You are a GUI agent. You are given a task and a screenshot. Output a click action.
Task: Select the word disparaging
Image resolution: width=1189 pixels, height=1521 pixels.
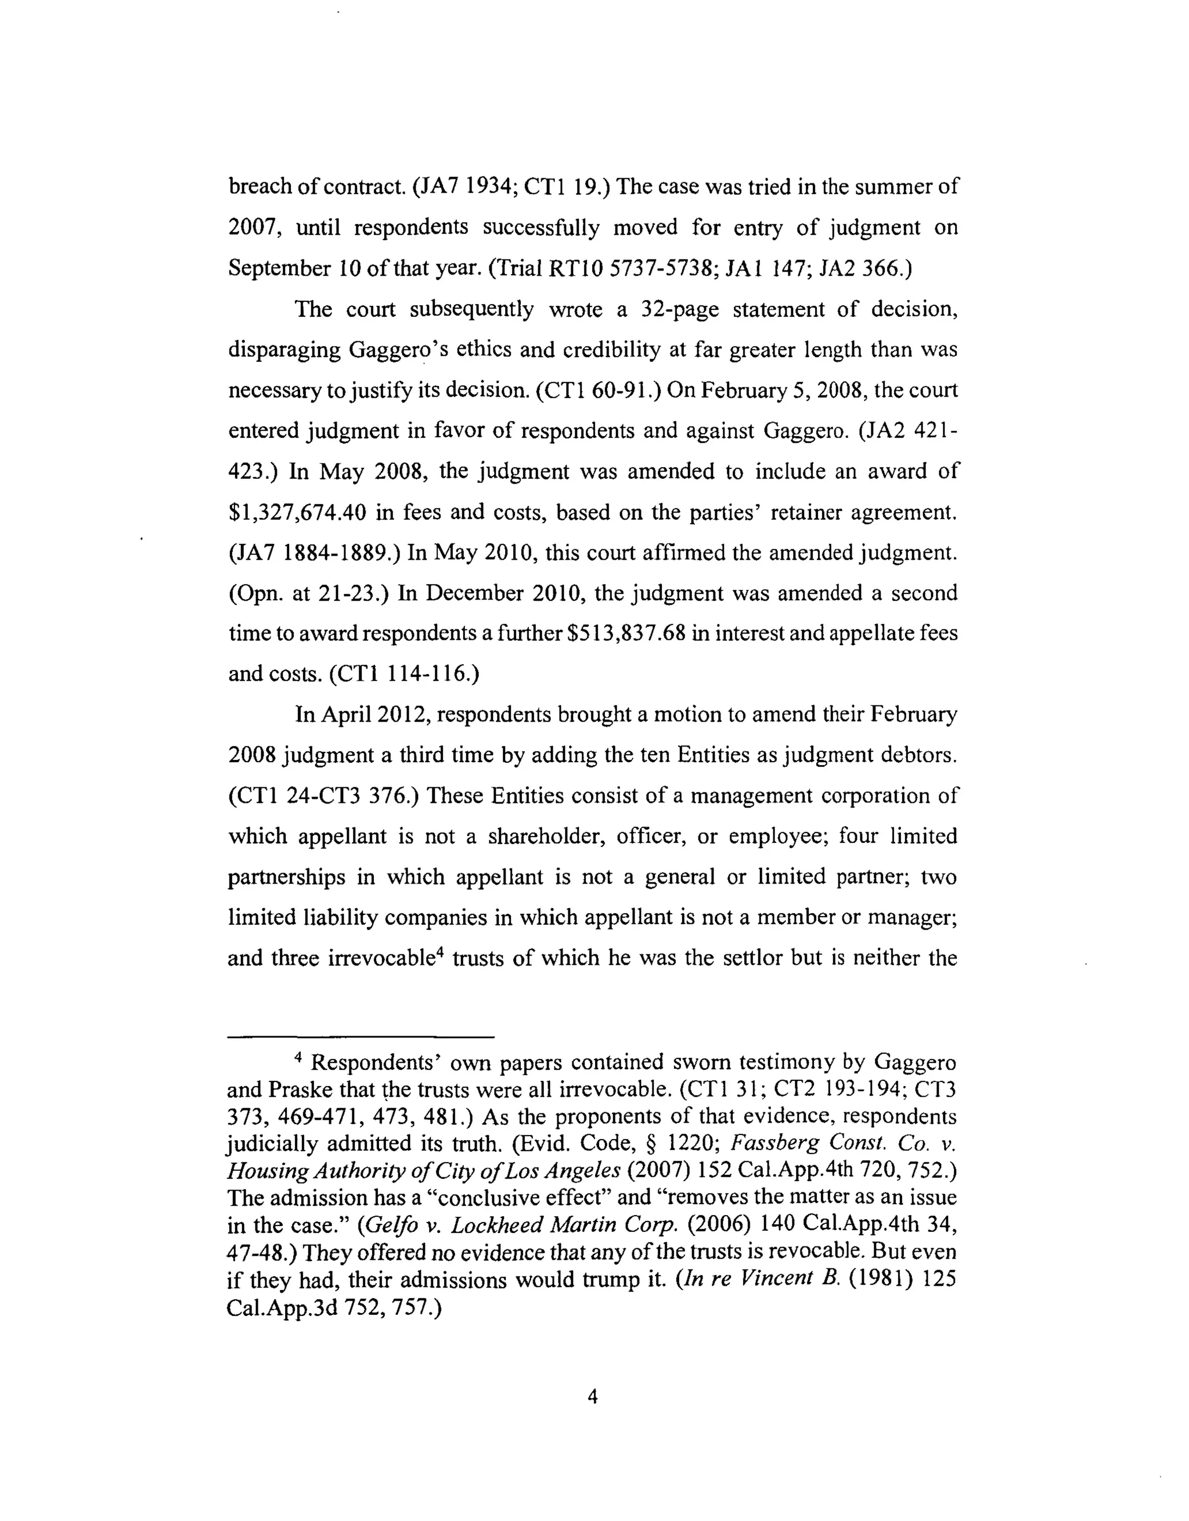coord(282,349)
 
